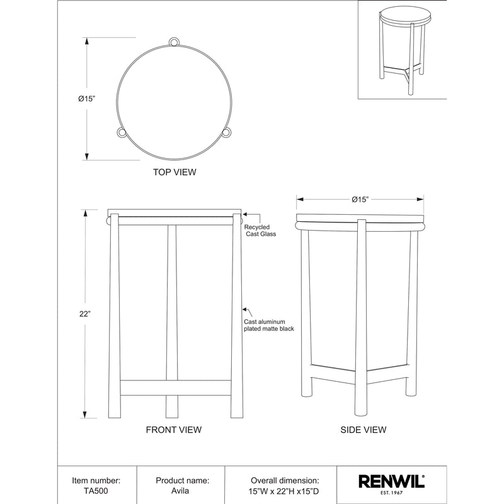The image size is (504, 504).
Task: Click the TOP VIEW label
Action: (x=175, y=172)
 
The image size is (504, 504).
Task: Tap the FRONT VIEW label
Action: (x=173, y=430)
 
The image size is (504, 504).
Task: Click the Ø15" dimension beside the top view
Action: (x=87, y=98)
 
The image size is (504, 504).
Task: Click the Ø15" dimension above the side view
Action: (x=360, y=199)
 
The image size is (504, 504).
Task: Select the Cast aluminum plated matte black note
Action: (x=269, y=325)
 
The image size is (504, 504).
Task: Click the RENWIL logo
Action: (x=391, y=482)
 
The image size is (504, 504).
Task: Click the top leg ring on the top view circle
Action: (x=175, y=42)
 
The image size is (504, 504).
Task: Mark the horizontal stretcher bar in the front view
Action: (x=175, y=387)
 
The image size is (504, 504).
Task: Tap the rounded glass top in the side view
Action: (x=360, y=224)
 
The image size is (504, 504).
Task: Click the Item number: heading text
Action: (x=97, y=479)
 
